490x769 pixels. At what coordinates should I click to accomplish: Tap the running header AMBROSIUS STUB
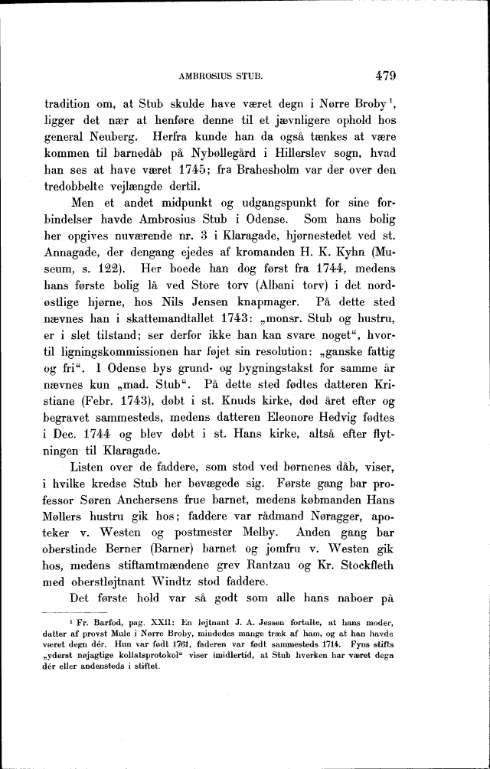(x=220, y=77)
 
